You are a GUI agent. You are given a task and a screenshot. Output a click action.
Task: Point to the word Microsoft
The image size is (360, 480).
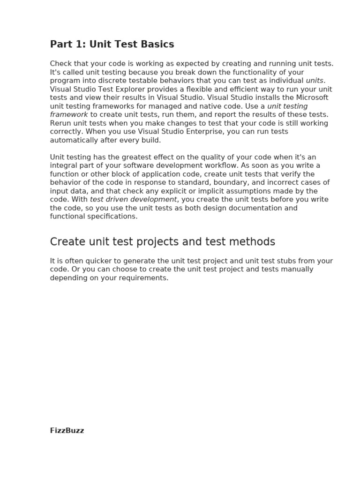point(312,97)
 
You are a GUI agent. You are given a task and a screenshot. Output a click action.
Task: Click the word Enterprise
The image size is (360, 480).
point(203,132)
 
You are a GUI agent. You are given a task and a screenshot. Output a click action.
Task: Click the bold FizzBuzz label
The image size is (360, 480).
point(67,430)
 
